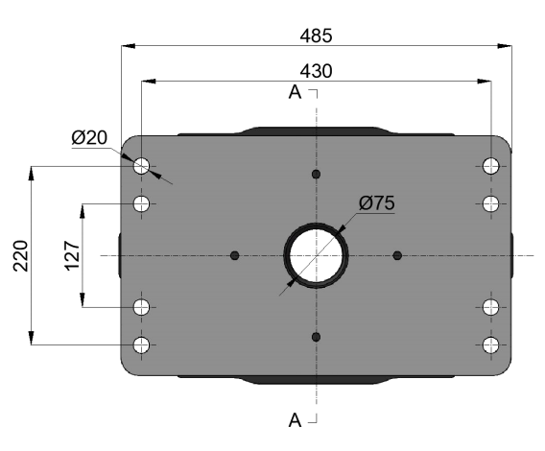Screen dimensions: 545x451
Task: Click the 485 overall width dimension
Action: [x=316, y=36]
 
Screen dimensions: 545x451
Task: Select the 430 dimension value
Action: [x=316, y=71]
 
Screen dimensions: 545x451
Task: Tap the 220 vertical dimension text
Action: [x=20, y=255]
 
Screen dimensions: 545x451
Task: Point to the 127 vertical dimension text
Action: [x=72, y=255]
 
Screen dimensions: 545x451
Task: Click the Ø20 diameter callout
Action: [x=89, y=137]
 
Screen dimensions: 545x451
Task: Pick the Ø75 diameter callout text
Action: [x=377, y=203]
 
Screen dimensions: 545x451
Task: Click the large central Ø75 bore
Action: [x=316, y=255]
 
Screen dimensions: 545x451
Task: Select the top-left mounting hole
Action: [x=141, y=166]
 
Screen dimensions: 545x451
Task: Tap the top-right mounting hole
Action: [x=490, y=166]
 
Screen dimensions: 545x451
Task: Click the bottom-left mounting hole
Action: [x=141, y=344]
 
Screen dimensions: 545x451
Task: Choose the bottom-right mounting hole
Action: [x=490, y=344]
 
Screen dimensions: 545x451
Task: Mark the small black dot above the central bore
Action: [x=316, y=174]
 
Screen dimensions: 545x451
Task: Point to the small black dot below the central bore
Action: [x=316, y=337]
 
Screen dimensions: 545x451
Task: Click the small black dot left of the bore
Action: [x=235, y=255]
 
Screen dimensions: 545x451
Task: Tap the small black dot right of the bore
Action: [x=397, y=255]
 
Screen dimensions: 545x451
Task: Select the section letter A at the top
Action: [x=295, y=92]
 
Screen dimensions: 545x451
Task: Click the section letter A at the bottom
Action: [x=295, y=420]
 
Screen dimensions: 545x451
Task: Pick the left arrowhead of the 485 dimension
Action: [x=128, y=46]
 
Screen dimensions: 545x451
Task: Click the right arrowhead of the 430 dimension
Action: [x=485, y=82]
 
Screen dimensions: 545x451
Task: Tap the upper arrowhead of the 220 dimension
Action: [x=32, y=173]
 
